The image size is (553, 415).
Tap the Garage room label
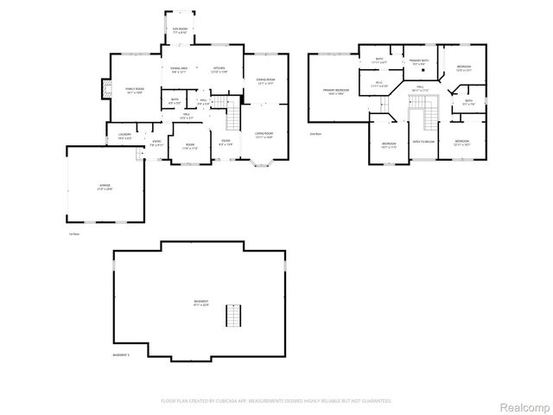[x=105, y=187]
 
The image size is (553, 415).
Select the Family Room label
[x=135, y=89]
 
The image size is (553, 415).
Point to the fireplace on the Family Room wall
[x=106, y=89]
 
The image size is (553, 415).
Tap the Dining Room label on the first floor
[x=265, y=81]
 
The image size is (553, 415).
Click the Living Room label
[x=264, y=134]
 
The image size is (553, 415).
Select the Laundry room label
[x=124, y=136]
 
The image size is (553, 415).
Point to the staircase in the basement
[x=231, y=316]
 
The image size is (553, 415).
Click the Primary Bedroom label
[x=336, y=91]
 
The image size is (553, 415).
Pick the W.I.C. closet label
[x=378, y=85]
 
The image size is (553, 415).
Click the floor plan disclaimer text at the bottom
[x=276, y=400]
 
